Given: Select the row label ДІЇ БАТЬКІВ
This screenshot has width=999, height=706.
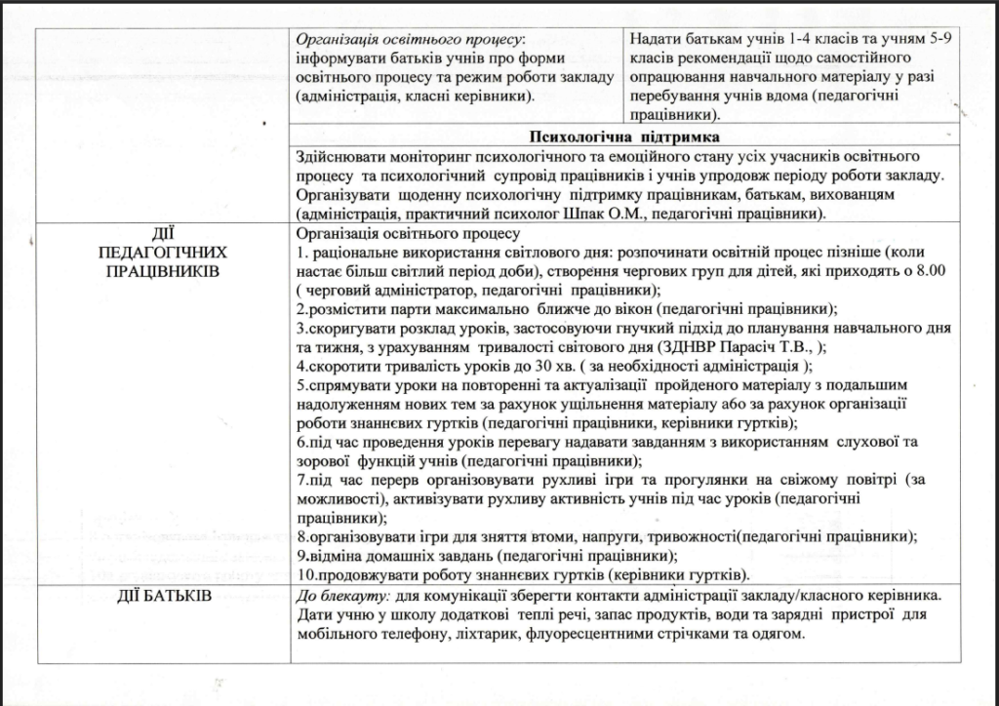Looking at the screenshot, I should click(x=164, y=595).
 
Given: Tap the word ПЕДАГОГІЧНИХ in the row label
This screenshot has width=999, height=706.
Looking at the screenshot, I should click(x=163, y=252).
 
